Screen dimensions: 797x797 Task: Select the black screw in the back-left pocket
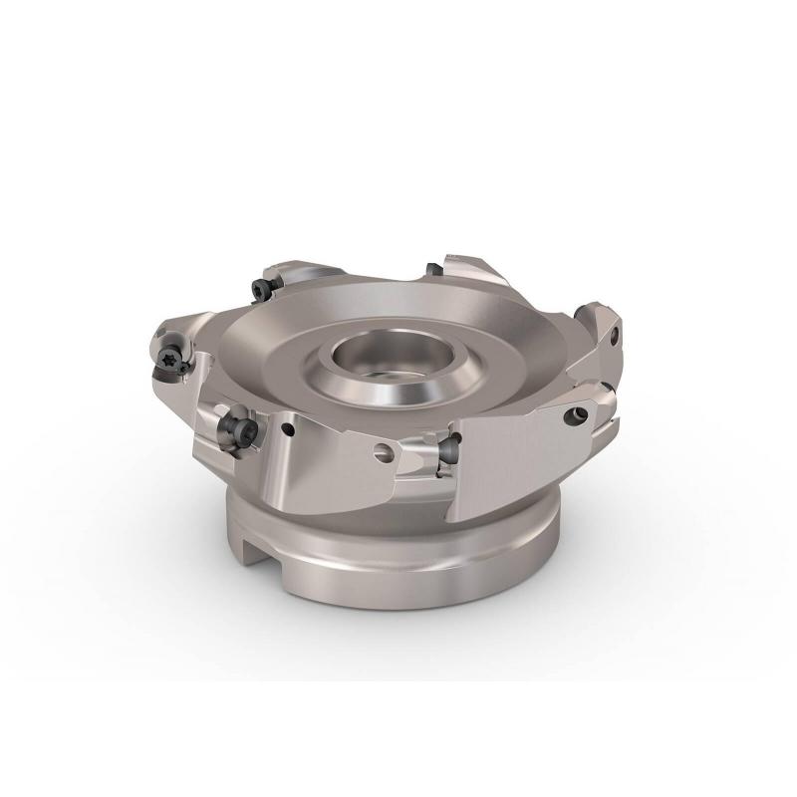262,288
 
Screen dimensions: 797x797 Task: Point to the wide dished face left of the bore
269,359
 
